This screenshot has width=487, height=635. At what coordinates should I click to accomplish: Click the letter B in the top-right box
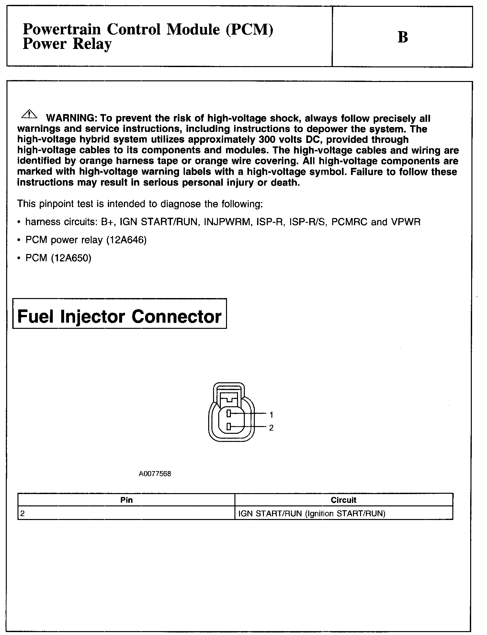coord(402,37)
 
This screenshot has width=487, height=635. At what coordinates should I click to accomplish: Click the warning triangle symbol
coord(29,114)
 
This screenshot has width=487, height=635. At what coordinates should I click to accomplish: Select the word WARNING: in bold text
coord(71,119)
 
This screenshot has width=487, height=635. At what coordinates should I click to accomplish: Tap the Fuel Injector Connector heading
coord(119,316)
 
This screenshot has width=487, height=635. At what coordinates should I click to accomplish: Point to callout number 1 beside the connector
coord(271,415)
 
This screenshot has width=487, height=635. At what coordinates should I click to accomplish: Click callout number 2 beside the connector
coord(271,428)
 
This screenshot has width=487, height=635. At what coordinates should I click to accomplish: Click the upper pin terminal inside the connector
coord(228,413)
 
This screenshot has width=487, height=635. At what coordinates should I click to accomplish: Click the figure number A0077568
coord(155,474)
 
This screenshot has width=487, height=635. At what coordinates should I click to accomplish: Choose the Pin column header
coord(126,500)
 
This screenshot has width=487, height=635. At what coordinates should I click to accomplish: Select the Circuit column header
coord(344,500)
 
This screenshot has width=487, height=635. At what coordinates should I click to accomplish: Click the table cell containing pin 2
coord(126,514)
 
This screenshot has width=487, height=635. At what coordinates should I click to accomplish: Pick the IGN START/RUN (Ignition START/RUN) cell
coord(311,514)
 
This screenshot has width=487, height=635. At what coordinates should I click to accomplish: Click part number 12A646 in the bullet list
coord(126,240)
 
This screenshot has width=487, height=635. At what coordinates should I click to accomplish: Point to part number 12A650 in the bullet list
coord(71,258)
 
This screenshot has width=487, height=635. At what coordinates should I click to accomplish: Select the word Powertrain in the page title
coord(62,30)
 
